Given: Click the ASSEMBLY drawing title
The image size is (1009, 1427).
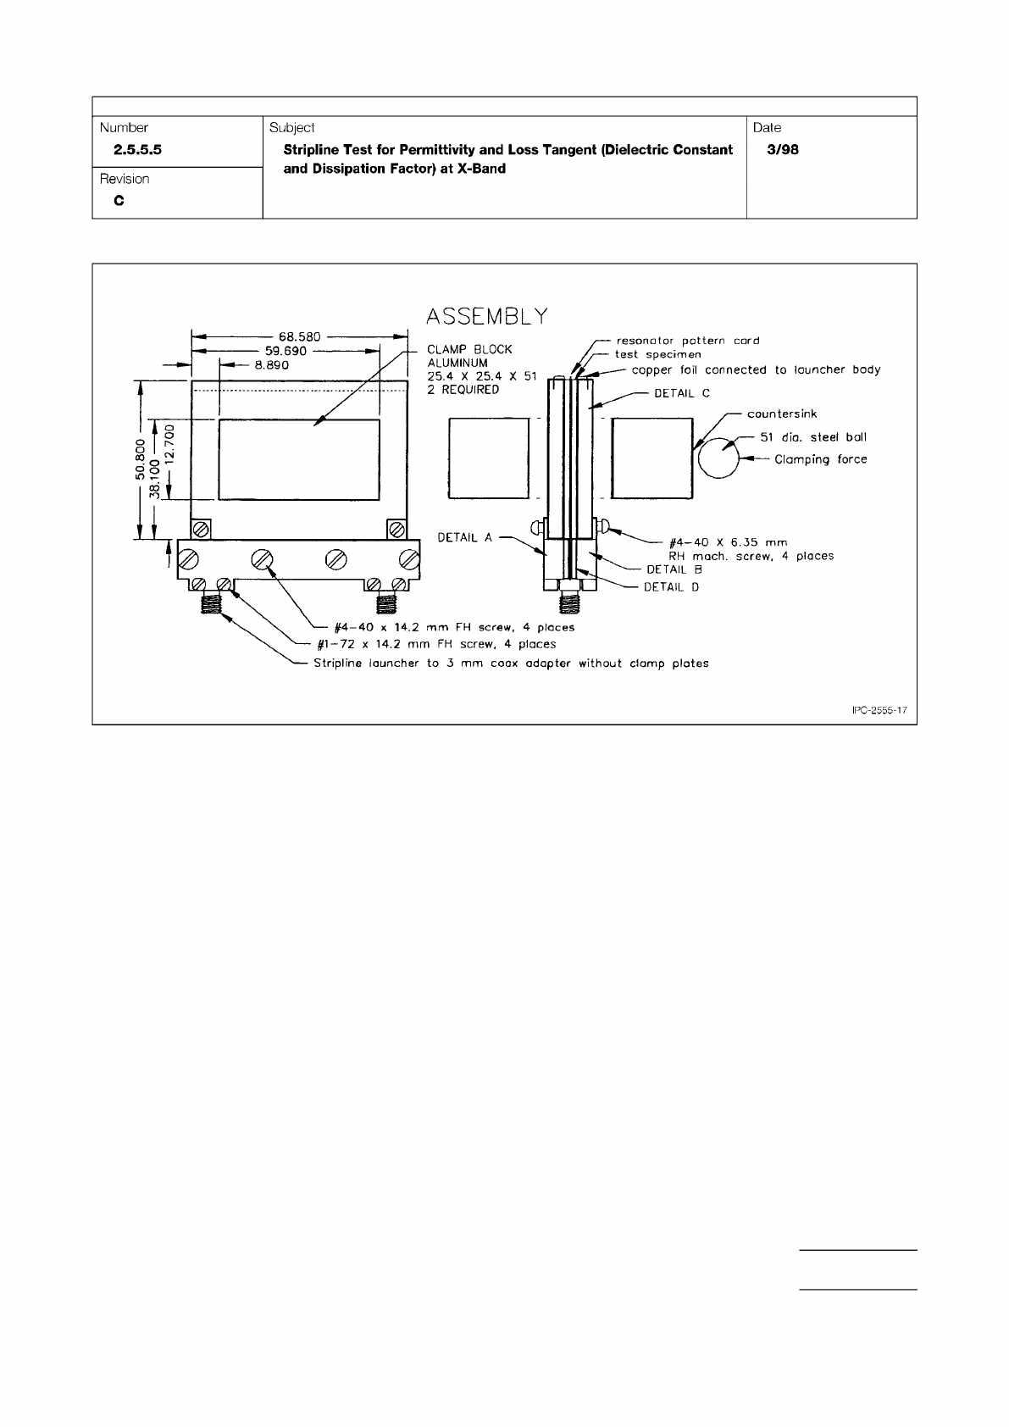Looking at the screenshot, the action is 486,316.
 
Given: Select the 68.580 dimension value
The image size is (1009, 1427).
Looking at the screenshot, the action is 300,336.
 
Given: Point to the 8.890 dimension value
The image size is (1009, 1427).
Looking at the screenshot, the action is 272,365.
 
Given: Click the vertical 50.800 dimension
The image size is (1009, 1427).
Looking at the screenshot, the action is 141,460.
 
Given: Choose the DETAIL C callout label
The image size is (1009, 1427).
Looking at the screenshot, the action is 681,393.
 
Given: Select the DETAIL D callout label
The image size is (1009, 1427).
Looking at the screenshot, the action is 671,586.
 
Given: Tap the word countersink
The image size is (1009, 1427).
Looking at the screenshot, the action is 781,414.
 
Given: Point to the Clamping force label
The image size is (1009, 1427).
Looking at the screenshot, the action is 820,459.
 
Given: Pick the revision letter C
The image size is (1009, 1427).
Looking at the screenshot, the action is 119,202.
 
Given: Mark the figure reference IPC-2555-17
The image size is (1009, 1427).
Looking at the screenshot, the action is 879,711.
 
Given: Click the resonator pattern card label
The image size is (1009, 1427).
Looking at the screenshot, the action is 687,341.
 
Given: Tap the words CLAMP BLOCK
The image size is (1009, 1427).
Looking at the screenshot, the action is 469,349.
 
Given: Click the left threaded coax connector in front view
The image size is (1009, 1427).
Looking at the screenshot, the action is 211,603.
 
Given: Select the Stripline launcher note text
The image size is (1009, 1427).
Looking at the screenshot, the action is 511,664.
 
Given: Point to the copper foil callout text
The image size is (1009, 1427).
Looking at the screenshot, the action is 756,369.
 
